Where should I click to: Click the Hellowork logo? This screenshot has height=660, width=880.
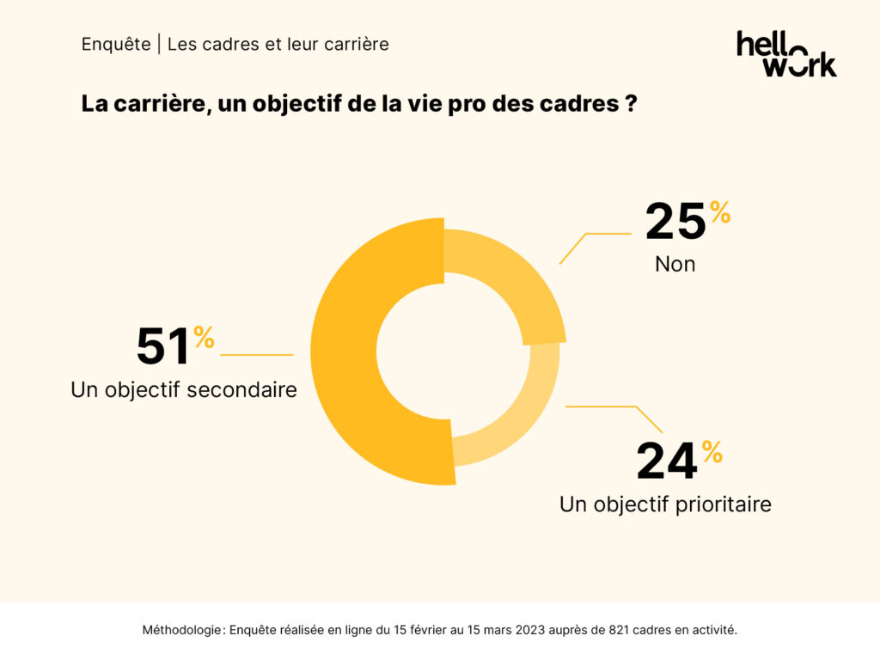click(785, 54)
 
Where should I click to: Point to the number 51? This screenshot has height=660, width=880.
click(162, 347)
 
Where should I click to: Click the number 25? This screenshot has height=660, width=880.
click(675, 222)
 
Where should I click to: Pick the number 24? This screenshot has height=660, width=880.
click(667, 462)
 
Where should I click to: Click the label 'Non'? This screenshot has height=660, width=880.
click(675, 265)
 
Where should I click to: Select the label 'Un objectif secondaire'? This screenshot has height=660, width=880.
click(184, 389)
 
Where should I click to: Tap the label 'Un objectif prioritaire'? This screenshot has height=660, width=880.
click(665, 504)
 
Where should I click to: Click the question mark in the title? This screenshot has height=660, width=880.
click(630, 104)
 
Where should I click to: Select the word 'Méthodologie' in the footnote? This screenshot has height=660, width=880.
click(181, 630)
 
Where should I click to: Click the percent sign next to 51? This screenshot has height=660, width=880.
click(204, 338)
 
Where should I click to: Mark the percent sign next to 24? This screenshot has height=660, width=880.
click(712, 451)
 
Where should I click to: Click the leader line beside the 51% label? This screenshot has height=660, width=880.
click(257, 354)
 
